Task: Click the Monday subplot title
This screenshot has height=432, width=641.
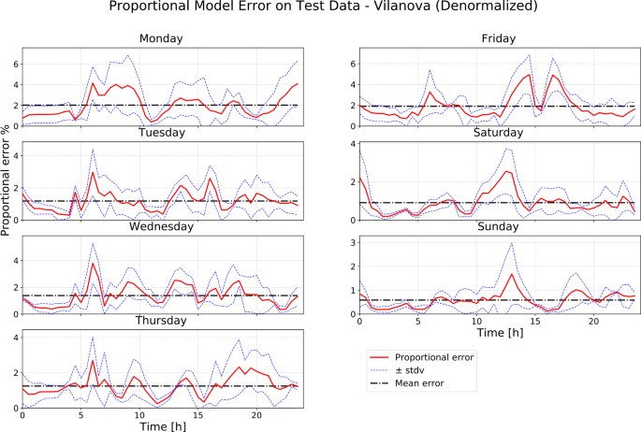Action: [161, 39]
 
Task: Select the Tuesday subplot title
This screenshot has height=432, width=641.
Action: [161, 134]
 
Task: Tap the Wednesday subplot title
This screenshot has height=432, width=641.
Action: [161, 226]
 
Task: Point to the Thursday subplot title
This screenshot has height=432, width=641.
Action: [161, 320]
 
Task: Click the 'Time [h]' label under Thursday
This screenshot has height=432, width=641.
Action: [161, 425]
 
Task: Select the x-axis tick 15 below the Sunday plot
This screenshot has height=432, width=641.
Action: [535, 321]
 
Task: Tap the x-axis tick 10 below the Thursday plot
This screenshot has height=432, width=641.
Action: [139, 414]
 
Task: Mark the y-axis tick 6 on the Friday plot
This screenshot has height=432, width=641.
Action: [352, 64]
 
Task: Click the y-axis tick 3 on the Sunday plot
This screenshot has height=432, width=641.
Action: [352, 241]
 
